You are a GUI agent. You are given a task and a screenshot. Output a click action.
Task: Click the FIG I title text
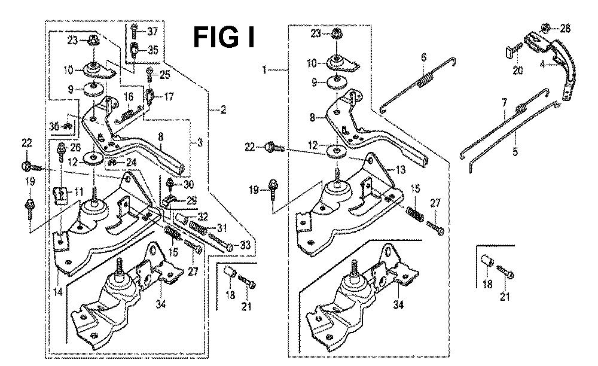click(x=224, y=37)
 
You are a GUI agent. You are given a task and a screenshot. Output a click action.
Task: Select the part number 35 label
click(x=152, y=50)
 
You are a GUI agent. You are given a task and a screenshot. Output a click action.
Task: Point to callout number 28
click(x=565, y=28)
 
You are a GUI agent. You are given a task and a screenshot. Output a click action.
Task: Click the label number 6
click(x=424, y=57)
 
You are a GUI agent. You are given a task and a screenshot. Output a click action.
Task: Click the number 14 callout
click(x=58, y=292)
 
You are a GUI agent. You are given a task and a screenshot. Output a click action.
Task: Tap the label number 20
click(x=517, y=71)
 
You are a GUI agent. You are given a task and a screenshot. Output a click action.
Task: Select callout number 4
click(x=542, y=64)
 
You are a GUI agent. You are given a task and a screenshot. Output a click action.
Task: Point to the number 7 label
click(x=504, y=103)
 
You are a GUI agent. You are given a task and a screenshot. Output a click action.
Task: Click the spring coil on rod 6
click(x=426, y=81)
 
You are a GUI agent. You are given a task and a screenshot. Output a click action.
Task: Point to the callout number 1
click(x=264, y=70)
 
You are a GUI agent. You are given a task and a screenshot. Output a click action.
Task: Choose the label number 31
click(x=222, y=228)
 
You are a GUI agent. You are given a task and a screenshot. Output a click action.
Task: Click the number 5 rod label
click(x=515, y=151)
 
